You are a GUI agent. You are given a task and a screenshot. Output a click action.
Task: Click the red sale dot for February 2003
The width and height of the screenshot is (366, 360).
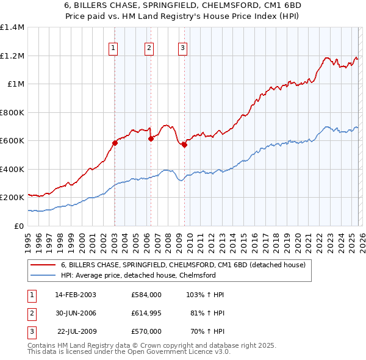pos(115,143)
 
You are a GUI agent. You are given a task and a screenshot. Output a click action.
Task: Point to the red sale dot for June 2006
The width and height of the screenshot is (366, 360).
pos(151,139)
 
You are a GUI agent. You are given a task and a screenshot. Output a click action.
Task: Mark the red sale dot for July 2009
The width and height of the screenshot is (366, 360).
pos(184,145)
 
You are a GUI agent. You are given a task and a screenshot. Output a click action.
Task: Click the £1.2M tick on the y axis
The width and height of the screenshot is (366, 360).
pos(12,56)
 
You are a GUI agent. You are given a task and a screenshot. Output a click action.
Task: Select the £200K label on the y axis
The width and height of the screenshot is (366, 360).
pos(12,198)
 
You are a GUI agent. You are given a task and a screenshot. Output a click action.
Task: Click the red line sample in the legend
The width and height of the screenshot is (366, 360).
pos(43,265)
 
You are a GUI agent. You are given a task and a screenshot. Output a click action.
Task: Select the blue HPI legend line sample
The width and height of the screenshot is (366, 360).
pos(43,275)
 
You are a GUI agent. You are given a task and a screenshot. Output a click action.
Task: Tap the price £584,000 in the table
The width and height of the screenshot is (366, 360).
pos(146,295)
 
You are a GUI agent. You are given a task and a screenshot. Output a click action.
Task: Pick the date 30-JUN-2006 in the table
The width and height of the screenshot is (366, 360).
pos(76,313)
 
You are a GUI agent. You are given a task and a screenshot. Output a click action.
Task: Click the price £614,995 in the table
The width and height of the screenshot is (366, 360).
pos(146,313)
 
